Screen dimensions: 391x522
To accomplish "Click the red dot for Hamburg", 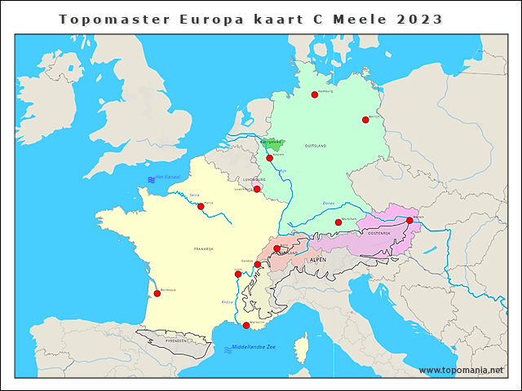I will pos(314,94).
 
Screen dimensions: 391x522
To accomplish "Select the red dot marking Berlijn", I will pos(365,120).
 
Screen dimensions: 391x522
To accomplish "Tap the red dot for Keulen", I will pos(269,158).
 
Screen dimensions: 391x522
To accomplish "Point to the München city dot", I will pos(338,222).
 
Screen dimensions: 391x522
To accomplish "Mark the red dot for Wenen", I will pos(409,220).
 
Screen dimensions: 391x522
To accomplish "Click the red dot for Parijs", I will pos(201,206).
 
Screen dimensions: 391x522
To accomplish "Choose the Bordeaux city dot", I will pos(157,293).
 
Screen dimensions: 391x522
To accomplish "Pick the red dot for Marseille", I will pos(246,325).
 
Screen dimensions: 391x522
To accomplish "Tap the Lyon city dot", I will pos(238,274).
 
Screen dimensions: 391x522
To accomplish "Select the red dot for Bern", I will pos(276,248).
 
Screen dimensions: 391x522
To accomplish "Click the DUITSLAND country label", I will pos(316,146).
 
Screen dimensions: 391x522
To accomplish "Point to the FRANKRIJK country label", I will pos(203,248).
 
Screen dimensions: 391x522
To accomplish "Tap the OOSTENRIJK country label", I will pos(379,233).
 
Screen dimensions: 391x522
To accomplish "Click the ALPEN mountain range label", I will pos(318,259).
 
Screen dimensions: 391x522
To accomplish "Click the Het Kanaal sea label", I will pos(167,178).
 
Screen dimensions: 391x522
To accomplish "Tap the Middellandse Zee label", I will pos(256,348).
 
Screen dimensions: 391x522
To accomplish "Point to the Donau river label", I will pos(329,203).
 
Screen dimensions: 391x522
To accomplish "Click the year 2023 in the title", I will pos(420,19).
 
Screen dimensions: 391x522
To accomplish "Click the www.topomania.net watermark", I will pos(461,370).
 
